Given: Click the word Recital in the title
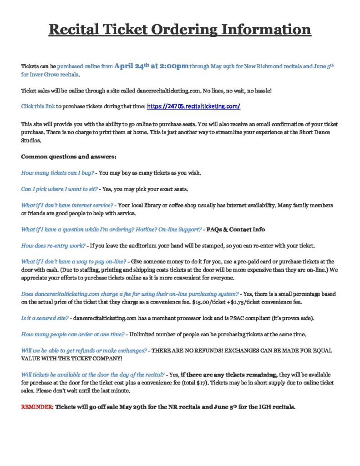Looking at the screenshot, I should pos(75,30).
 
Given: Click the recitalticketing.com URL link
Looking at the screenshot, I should pos(193,106).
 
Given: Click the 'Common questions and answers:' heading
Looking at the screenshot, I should pos(69,157).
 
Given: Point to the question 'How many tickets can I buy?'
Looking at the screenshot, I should pos(58,173).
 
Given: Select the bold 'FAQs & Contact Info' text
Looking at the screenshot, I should pos(236,229).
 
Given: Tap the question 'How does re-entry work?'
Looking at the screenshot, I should pos(53,246).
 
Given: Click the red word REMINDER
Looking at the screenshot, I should pos(37,407).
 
